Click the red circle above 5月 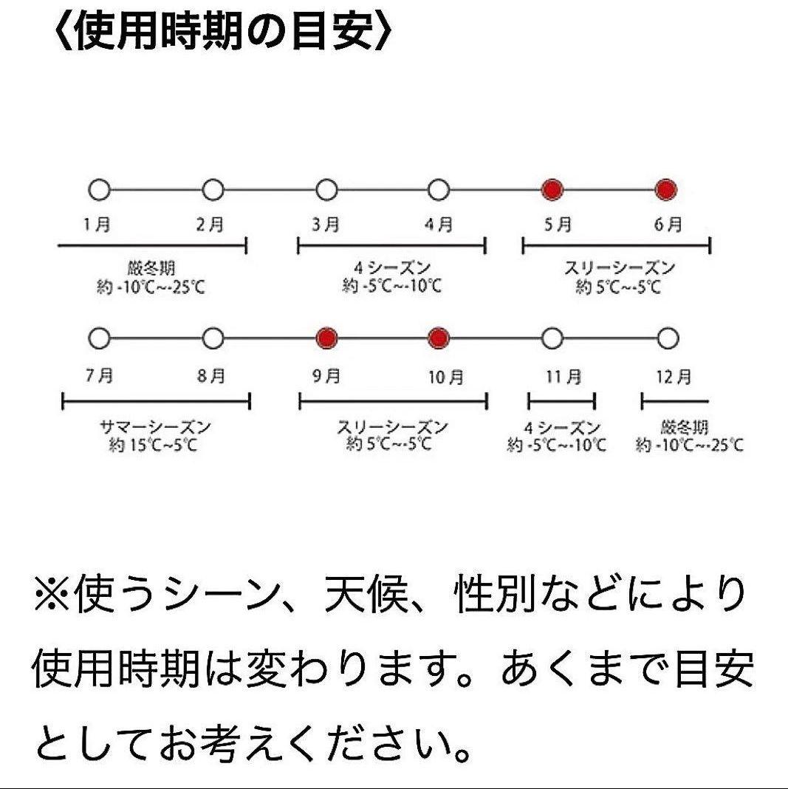(x=552, y=191)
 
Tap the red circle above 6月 (x=667, y=191)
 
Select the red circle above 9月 (x=326, y=338)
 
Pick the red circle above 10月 (x=439, y=338)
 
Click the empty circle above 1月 (x=99, y=191)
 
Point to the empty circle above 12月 (x=667, y=338)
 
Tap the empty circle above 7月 (x=99, y=338)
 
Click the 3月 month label (x=326, y=225)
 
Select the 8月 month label (x=211, y=377)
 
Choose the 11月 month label (x=563, y=378)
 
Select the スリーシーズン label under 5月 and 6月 (x=619, y=268)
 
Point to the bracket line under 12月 (x=674, y=401)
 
